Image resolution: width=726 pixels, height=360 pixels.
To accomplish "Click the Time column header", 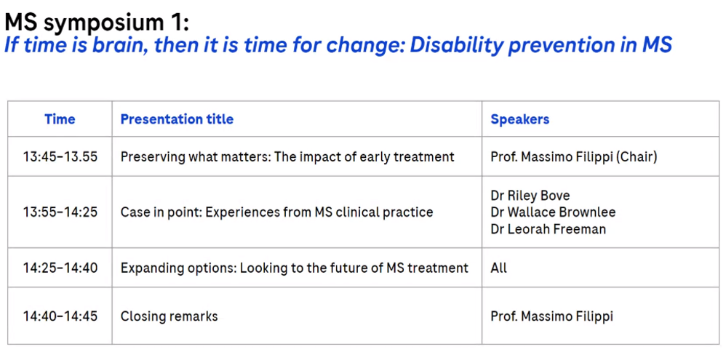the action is coord(60,119).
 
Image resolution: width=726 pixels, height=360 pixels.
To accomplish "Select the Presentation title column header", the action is coord(177,119).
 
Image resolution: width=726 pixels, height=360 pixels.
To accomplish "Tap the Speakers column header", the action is coord(520,119).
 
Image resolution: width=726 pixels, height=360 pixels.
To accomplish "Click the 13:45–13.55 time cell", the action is coord(60,157).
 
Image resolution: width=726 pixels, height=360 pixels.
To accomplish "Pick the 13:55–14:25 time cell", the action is coord(60,212).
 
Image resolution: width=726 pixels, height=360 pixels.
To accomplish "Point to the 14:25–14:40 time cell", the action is coord(60,268).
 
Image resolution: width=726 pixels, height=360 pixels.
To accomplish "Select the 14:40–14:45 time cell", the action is coord(60,316).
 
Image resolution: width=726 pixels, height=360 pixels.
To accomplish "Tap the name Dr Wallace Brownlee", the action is coord(553,212).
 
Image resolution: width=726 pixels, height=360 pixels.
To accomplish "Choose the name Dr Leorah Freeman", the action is coord(549,228).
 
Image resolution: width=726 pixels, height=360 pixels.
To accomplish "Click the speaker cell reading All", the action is coord(498,268).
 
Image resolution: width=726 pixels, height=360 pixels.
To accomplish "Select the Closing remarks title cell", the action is coord(169,316).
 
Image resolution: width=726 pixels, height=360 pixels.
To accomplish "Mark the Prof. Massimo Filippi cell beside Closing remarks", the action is coord(552,316).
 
